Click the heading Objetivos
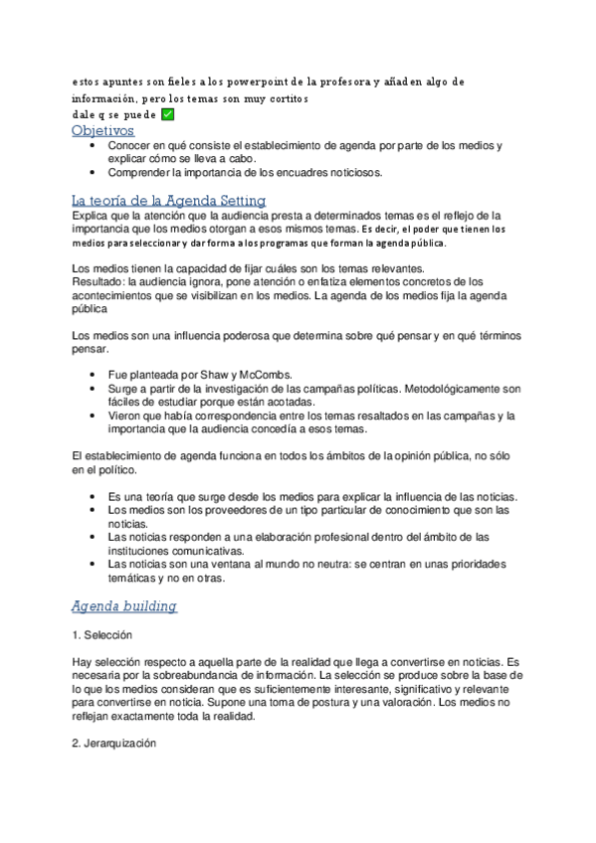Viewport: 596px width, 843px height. [102, 130]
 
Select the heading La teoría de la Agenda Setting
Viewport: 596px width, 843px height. [158, 198]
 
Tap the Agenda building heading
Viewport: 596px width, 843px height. [124, 605]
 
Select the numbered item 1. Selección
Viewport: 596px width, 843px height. [102, 634]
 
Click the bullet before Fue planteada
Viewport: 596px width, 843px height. [93, 374]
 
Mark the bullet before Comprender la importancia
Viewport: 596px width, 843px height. [93, 172]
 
